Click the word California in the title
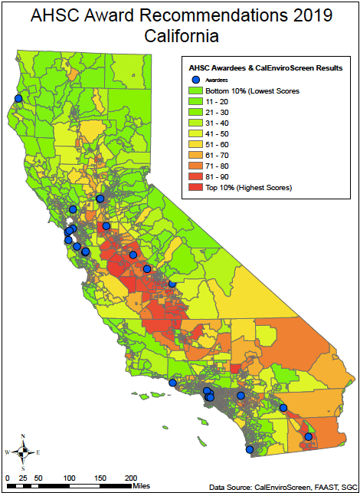pos(179,36)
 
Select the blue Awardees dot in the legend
pos(195,79)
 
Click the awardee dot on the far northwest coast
pos(18,98)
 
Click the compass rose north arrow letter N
pos(24,436)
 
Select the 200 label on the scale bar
pos(131,478)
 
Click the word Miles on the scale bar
pos(141,485)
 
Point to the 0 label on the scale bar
pos(7,478)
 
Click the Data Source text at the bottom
pos(284,486)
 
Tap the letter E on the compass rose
pos(38,452)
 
